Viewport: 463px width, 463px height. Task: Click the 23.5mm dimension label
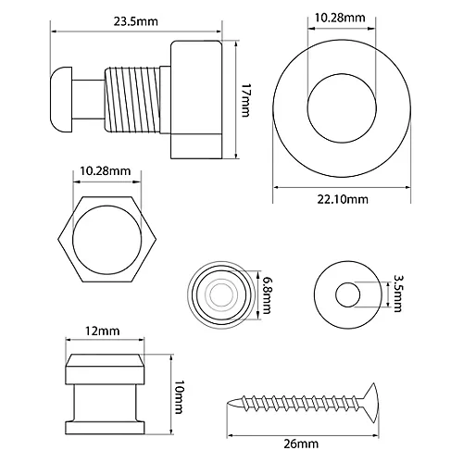136,21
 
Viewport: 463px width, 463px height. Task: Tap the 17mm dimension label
245,100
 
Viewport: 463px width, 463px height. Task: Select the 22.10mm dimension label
343,199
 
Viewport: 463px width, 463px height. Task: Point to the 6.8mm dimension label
266,295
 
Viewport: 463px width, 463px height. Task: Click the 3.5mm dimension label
397,294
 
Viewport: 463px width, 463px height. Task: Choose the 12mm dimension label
102,332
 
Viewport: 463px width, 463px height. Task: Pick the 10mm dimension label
179,397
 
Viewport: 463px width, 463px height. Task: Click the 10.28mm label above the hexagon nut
106,170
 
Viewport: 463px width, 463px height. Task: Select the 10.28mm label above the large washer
340,18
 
